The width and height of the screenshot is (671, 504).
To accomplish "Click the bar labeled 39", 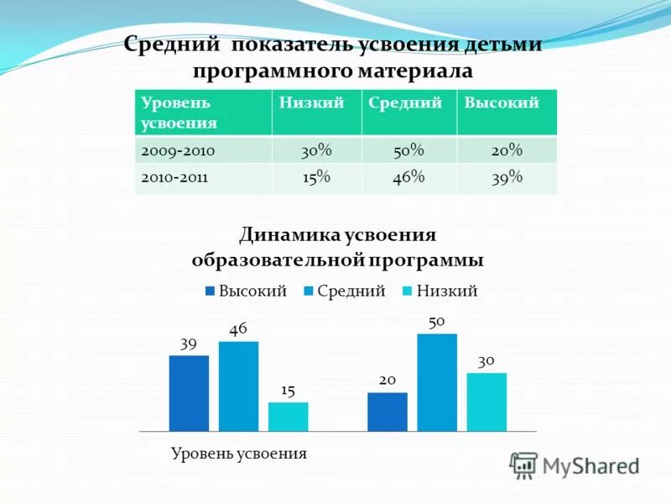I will [x=189, y=393].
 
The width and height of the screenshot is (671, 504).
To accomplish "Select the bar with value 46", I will [x=238, y=386].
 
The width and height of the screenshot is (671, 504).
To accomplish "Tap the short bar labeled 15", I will [x=288, y=417].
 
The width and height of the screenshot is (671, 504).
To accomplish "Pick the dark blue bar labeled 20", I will [x=387, y=412].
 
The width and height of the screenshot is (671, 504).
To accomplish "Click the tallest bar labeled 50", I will [x=437, y=382].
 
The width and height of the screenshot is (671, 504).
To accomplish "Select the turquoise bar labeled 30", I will [x=486, y=402].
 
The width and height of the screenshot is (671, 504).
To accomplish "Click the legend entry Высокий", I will [x=246, y=291].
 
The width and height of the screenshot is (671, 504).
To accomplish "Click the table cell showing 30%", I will [x=316, y=150].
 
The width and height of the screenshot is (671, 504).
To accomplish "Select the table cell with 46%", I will [x=408, y=177].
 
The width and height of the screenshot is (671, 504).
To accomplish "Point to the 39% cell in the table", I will [x=506, y=177].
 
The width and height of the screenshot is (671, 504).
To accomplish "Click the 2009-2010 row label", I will [x=179, y=150].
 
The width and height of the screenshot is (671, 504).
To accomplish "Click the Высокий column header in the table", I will [x=502, y=102].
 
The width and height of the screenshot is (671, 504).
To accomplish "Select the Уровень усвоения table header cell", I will [x=179, y=112].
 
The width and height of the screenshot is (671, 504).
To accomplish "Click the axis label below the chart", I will [x=239, y=454].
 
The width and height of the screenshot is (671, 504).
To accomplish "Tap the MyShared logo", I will [x=575, y=465].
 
